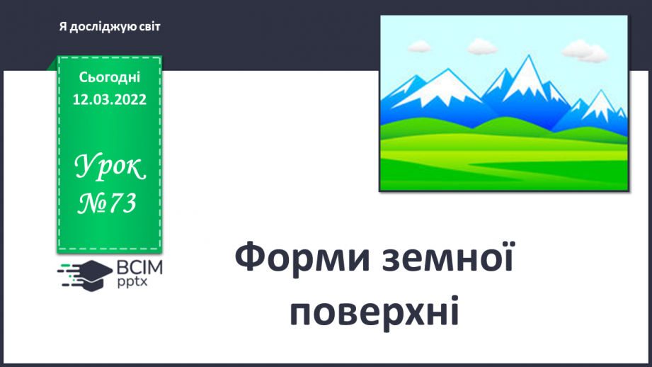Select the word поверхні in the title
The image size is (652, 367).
375,311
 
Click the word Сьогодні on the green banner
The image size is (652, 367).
110,77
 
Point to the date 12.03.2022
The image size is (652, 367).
110,99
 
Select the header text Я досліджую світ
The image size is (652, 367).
110,26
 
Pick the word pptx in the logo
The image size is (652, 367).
132,283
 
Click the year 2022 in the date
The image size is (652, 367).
131,99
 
